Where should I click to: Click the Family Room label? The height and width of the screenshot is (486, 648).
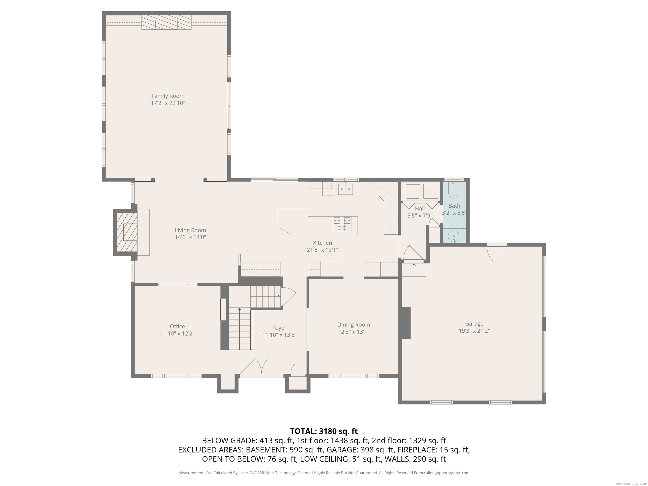168,96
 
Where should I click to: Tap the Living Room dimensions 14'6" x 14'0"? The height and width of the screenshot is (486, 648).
190,237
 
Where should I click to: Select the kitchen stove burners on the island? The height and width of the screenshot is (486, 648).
342,224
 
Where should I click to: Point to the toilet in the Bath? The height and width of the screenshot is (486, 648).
453,191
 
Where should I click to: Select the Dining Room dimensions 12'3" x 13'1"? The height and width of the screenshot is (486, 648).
354,332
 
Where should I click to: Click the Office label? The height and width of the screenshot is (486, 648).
177,326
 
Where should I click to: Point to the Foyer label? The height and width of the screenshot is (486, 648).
279,328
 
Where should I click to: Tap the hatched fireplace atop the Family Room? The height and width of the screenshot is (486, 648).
166,23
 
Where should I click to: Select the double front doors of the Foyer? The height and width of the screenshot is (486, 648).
262,367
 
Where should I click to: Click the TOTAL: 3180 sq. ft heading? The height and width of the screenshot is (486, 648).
324,431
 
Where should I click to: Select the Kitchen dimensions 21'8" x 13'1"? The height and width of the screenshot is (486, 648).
323,250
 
